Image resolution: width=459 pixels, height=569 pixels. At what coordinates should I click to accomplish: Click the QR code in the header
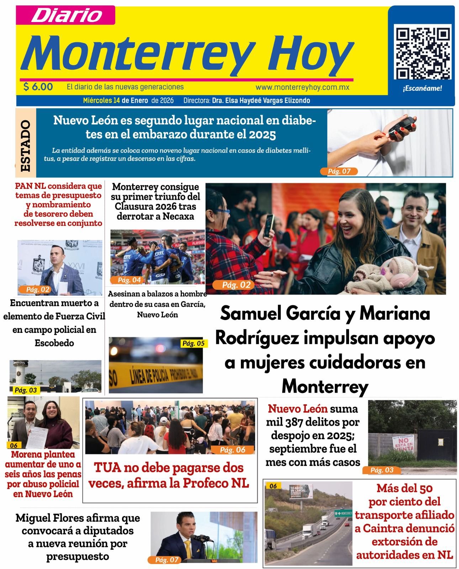click(422, 53)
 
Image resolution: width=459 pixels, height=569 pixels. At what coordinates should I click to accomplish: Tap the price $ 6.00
click(38, 87)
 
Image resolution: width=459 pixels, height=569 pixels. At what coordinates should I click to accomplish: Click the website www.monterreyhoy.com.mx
click(302, 87)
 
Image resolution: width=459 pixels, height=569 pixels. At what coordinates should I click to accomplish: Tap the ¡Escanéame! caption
click(422, 89)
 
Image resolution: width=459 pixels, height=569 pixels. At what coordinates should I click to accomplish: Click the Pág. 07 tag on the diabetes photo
click(339, 171)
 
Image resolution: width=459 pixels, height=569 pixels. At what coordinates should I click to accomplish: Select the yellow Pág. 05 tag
click(193, 343)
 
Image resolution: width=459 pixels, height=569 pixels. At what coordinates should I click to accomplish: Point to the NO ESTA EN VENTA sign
click(405, 443)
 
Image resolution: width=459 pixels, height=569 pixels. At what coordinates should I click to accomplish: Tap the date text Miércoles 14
click(101, 101)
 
